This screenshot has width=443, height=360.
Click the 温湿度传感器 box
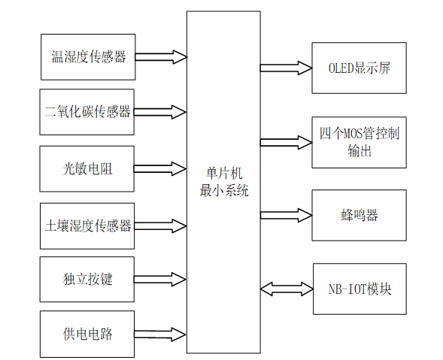click(87, 57)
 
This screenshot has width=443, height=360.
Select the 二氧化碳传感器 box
click(87, 112)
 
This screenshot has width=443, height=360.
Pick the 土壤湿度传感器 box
click(87, 225)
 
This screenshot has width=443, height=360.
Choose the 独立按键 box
click(87, 280)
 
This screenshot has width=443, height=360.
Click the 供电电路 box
click(87, 334)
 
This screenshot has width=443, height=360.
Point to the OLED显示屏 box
click(359, 68)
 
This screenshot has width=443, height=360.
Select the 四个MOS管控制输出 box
click(359, 143)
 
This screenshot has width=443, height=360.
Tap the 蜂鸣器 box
click(359, 216)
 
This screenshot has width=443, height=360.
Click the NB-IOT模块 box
click(359, 289)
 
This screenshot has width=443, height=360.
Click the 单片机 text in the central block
click(223, 174)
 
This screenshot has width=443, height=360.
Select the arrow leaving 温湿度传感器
click(160, 57)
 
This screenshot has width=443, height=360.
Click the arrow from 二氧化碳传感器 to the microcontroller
click(160, 112)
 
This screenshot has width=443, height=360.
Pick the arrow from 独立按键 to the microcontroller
click(160, 280)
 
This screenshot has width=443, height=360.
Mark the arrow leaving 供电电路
click(160, 334)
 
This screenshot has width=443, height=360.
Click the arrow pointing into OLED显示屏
click(286, 68)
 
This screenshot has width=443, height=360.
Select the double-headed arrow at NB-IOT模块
click(286, 289)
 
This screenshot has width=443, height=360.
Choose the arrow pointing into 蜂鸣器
click(286, 216)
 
